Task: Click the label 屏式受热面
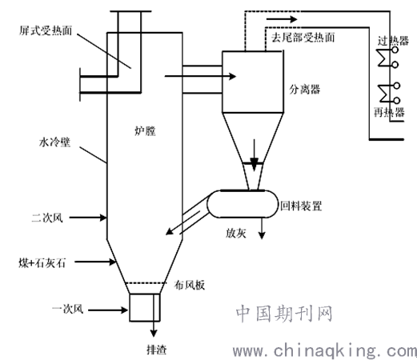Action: (46, 32)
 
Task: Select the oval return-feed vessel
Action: (240, 203)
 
